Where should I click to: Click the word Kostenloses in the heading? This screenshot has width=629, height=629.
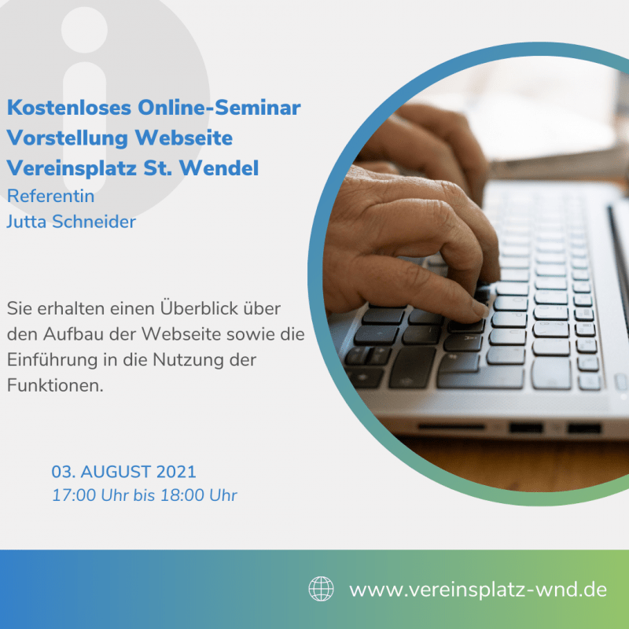(x=69, y=108)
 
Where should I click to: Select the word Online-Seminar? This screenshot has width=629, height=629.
(x=219, y=108)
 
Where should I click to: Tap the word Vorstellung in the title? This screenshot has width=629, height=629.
(x=68, y=138)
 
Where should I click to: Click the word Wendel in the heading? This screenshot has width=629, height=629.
(x=219, y=167)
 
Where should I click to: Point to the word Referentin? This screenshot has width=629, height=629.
(x=50, y=196)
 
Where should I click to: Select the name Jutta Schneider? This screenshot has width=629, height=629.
(x=71, y=222)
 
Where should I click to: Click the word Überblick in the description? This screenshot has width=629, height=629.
(x=194, y=308)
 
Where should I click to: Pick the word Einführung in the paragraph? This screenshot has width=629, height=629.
(x=52, y=359)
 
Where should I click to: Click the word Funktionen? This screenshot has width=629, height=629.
(x=55, y=385)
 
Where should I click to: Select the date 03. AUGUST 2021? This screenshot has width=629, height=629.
(x=123, y=472)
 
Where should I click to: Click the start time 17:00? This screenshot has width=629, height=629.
(x=74, y=495)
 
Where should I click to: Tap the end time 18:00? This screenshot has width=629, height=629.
(x=182, y=495)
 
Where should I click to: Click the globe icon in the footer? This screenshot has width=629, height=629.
(x=321, y=589)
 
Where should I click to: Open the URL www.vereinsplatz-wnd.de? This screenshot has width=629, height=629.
(x=478, y=590)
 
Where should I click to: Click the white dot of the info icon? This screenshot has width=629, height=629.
(x=84, y=29)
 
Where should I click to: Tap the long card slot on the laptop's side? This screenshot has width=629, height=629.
(x=451, y=426)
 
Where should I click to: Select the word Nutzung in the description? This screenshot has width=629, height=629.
(x=189, y=359)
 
